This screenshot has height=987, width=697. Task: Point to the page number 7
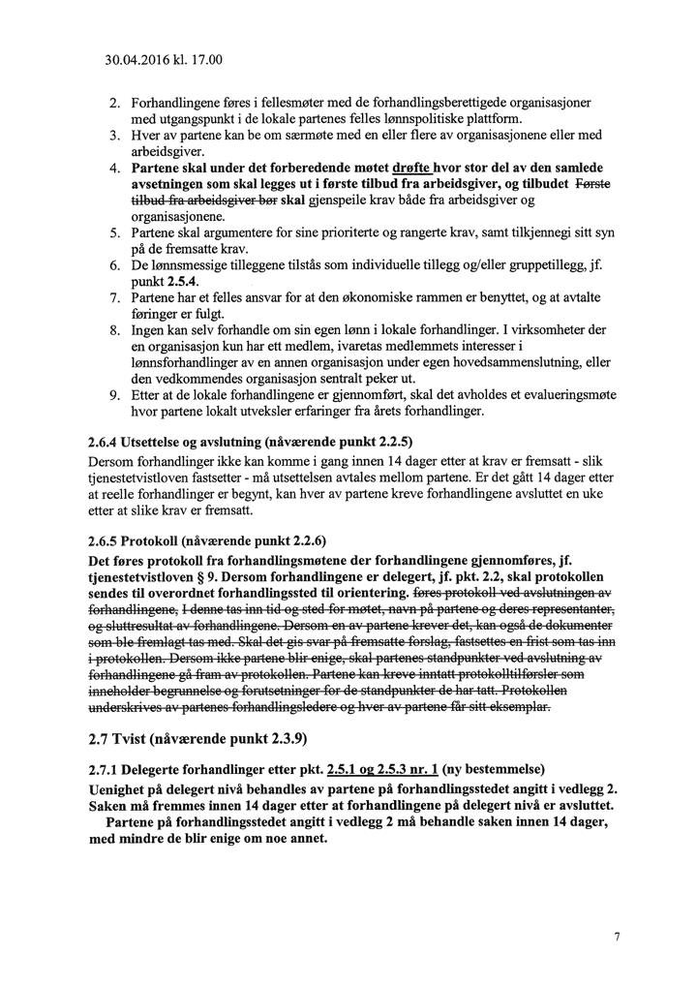(x=617, y=937)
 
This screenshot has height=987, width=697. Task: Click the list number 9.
(x=113, y=395)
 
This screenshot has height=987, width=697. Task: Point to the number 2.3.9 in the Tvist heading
(x=278, y=739)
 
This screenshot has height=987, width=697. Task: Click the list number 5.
(x=113, y=232)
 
